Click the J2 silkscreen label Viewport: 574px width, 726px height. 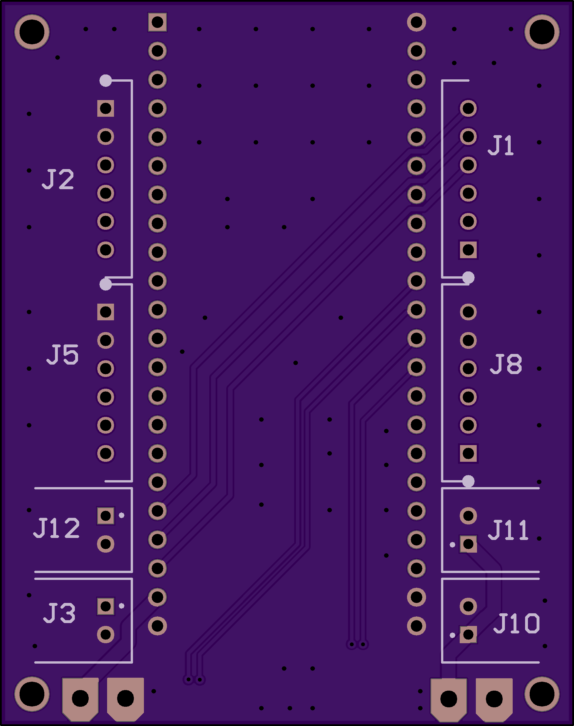[x=58, y=180]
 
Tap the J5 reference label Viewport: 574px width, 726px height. [x=62, y=355]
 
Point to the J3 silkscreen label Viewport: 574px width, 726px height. [x=60, y=613]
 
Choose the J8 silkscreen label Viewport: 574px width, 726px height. [x=506, y=364]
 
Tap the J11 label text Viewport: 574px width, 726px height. [x=508, y=530]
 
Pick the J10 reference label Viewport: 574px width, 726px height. [x=516, y=623]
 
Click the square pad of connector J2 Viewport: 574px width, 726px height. [x=106, y=108]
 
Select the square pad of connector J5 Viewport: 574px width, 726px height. [x=106, y=312]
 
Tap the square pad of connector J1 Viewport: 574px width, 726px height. [x=468, y=250]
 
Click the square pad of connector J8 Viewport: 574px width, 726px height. [x=468, y=453]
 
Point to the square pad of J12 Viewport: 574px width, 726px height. [x=106, y=516]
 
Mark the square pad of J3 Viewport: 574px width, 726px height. [x=106, y=606]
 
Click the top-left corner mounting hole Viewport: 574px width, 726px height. [x=32, y=32]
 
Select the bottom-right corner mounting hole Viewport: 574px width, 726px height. [x=542, y=694]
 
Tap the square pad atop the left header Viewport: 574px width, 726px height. [x=157, y=22]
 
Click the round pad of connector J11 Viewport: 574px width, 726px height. [x=468, y=516]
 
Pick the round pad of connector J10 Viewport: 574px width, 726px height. [x=468, y=606]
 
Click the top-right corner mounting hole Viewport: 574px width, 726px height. [x=542, y=32]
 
